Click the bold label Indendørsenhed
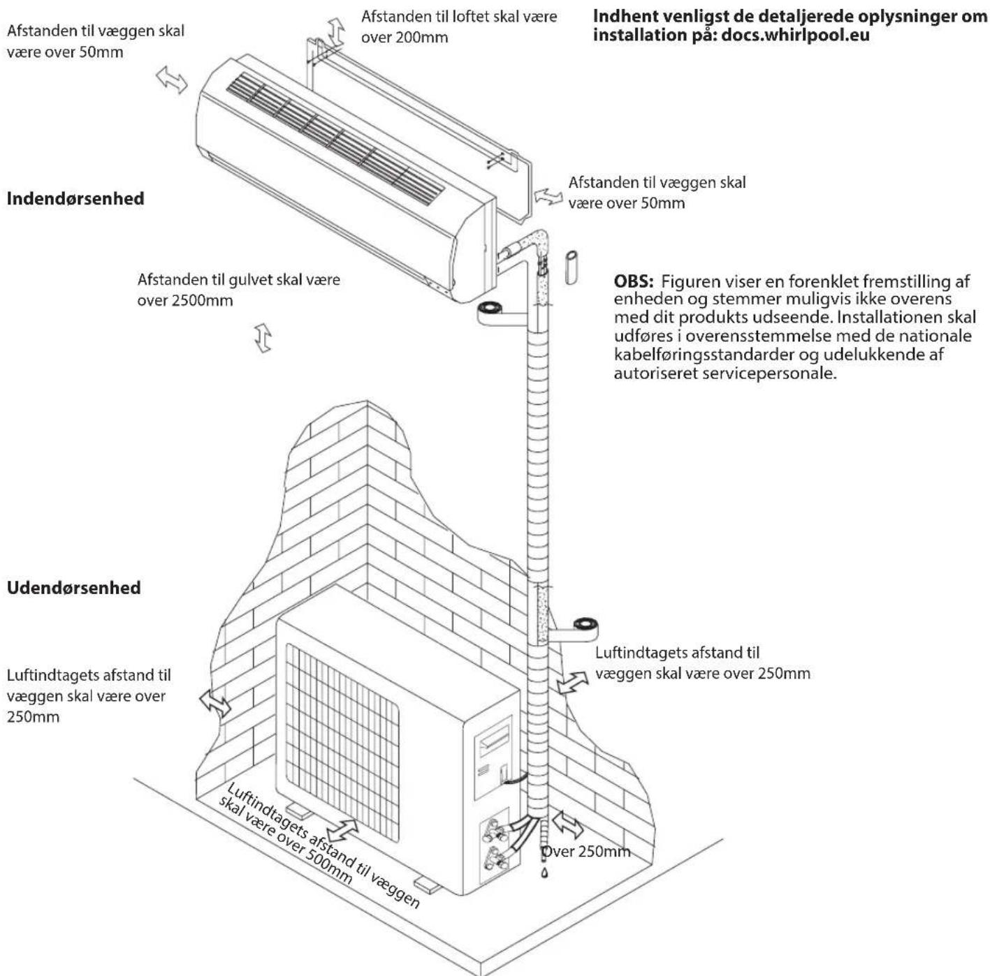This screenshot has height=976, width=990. pos(75,198)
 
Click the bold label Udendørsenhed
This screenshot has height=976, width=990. pos(73,588)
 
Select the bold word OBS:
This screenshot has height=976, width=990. pos(634,282)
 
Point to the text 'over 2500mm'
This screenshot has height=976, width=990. pos(185,301)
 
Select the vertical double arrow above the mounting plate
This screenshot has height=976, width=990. pos(337,31)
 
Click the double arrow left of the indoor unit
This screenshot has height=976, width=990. pos(172,80)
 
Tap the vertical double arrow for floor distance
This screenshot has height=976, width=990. pos(263,338)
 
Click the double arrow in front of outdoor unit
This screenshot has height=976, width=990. pos(343,831)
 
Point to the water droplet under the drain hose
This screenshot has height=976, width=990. pos(545,873)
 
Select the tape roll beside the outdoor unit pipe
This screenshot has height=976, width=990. pos(583,624)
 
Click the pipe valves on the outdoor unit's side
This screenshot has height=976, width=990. pos(498,841)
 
